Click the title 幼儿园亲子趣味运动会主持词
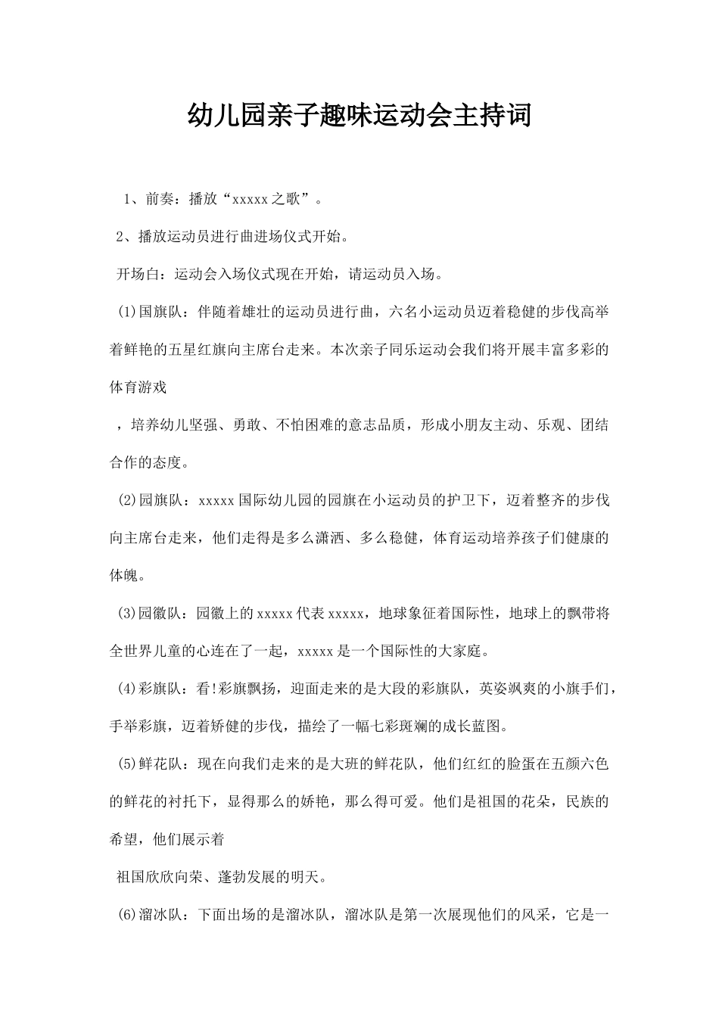coord(359,116)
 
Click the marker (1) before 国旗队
coord(126,312)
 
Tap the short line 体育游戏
coord(139,387)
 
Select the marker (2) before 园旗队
coord(126,500)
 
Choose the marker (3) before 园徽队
coord(126,613)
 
